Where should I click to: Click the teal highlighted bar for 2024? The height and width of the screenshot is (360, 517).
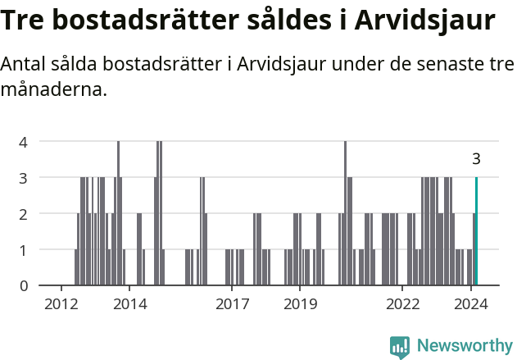coord(476,231)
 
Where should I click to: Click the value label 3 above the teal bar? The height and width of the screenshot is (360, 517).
coord(476,159)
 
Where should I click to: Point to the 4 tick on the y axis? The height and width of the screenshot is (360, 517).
coord(24,141)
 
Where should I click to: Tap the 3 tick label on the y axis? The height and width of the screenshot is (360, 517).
coord(24,177)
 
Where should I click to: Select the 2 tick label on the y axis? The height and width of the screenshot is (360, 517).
coord(24,213)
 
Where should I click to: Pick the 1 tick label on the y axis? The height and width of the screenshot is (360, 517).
coord(24,249)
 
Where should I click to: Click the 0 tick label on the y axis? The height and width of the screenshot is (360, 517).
coord(24,285)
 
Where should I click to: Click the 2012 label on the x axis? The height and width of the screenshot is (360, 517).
coord(61,304)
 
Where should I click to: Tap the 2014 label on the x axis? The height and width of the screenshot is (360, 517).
coord(129,304)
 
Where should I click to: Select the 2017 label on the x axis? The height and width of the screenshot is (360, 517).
coord(232,304)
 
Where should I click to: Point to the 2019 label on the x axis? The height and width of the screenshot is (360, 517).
coord(300,304)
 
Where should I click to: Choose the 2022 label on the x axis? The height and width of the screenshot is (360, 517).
coord(402,304)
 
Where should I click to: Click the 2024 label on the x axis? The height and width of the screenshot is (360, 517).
coord(470,304)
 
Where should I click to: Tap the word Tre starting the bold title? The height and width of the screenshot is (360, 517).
coord(24,20)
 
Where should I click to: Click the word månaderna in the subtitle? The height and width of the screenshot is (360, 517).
coord(55,89)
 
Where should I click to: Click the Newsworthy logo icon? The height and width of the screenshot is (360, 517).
coord(400,347)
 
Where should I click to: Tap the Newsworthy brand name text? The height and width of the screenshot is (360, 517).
coord(465,346)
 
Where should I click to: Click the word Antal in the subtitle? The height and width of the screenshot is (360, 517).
coord(27,64)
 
